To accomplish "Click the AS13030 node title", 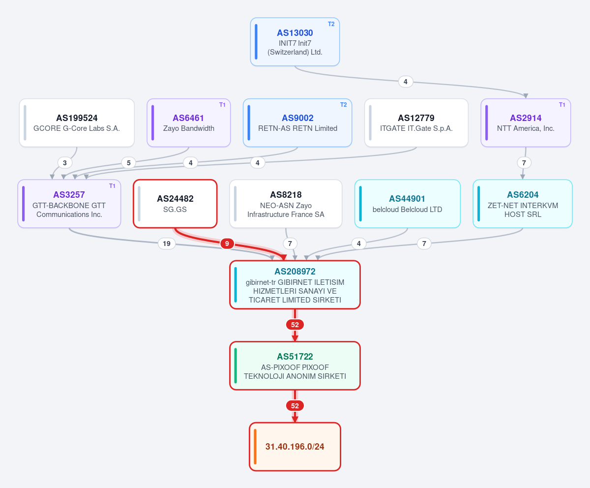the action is (x=295, y=33).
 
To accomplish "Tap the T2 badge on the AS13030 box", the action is (x=331, y=24).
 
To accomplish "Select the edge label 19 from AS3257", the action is (x=167, y=244).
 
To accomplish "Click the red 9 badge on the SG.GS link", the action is (x=227, y=244).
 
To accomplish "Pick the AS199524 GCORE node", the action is (x=77, y=122).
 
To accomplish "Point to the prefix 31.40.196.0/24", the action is (x=295, y=447).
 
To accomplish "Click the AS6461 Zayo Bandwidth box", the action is (x=189, y=122).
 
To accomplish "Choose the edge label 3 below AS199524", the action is (x=65, y=163).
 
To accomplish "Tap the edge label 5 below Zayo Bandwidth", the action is (x=128, y=163).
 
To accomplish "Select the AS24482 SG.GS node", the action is (x=175, y=204).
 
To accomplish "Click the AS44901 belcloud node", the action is (x=408, y=204).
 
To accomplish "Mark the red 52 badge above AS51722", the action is (x=295, y=325).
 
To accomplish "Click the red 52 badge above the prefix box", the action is (x=295, y=406).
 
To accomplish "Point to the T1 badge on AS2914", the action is (x=562, y=105).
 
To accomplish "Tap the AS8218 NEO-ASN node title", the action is (x=286, y=195).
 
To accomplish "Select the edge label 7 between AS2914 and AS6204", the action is (x=524, y=163).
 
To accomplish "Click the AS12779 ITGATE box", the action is (x=416, y=122).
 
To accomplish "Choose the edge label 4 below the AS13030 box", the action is (x=406, y=82).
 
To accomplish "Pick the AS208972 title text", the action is (x=295, y=272).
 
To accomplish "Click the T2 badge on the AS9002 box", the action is (x=343, y=105).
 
